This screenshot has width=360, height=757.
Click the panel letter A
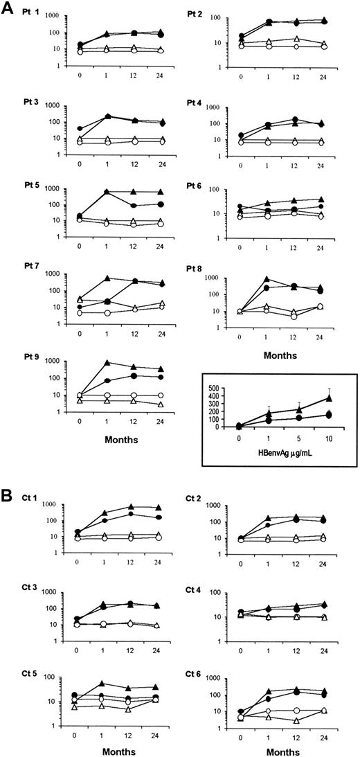coord(10,9)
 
